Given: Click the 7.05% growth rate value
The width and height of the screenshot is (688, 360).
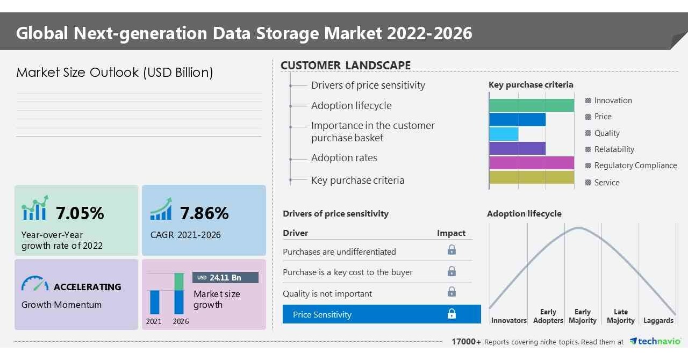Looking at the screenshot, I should click(80, 213).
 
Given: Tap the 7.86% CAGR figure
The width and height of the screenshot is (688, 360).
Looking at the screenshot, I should click(204, 213).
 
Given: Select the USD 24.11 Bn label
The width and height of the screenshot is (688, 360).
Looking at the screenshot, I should click(225, 277).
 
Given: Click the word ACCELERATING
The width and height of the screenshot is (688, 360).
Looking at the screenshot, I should click(88, 287).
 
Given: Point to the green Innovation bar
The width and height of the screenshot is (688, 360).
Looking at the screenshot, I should click(532, 105).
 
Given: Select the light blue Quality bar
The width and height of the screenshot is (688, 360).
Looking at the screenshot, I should click(504, 134).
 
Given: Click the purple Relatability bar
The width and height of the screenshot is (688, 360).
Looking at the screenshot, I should click(517, 148).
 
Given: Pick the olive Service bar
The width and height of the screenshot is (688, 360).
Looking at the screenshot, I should click(532, 177).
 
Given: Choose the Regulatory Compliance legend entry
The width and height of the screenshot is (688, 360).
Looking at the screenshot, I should click(631, 165).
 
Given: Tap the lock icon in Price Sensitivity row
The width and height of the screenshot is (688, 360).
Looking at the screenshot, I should click(451, 314).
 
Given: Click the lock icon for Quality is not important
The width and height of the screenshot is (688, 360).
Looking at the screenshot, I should click(451, 292).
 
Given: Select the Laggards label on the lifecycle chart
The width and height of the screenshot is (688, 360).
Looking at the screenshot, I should click(658, 320).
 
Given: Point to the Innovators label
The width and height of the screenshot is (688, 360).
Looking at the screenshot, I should click(508, 320).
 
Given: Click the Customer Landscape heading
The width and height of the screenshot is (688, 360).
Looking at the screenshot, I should click(346, 66).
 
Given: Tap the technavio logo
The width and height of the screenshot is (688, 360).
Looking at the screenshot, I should click(655, 341).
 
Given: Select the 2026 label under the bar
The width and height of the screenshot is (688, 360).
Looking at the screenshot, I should click(181, 321).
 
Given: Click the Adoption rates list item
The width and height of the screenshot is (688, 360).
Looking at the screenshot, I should click(344, 158).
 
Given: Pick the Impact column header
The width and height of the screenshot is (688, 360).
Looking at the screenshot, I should click(451, 233).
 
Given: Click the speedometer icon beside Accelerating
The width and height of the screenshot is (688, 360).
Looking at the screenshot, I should click(34, 284).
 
